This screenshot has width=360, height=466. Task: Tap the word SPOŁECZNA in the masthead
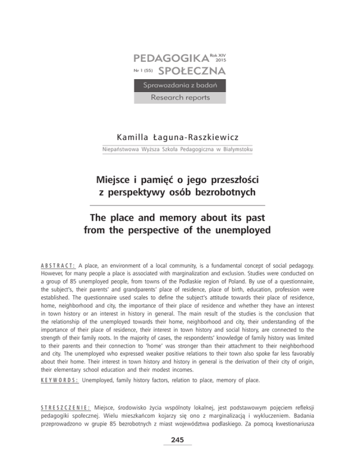[192, 72]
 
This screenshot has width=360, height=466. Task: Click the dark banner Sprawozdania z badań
[180, 86]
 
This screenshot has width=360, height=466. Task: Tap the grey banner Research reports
[180, 98]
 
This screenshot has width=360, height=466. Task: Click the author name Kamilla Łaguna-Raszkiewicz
[180, 136]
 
